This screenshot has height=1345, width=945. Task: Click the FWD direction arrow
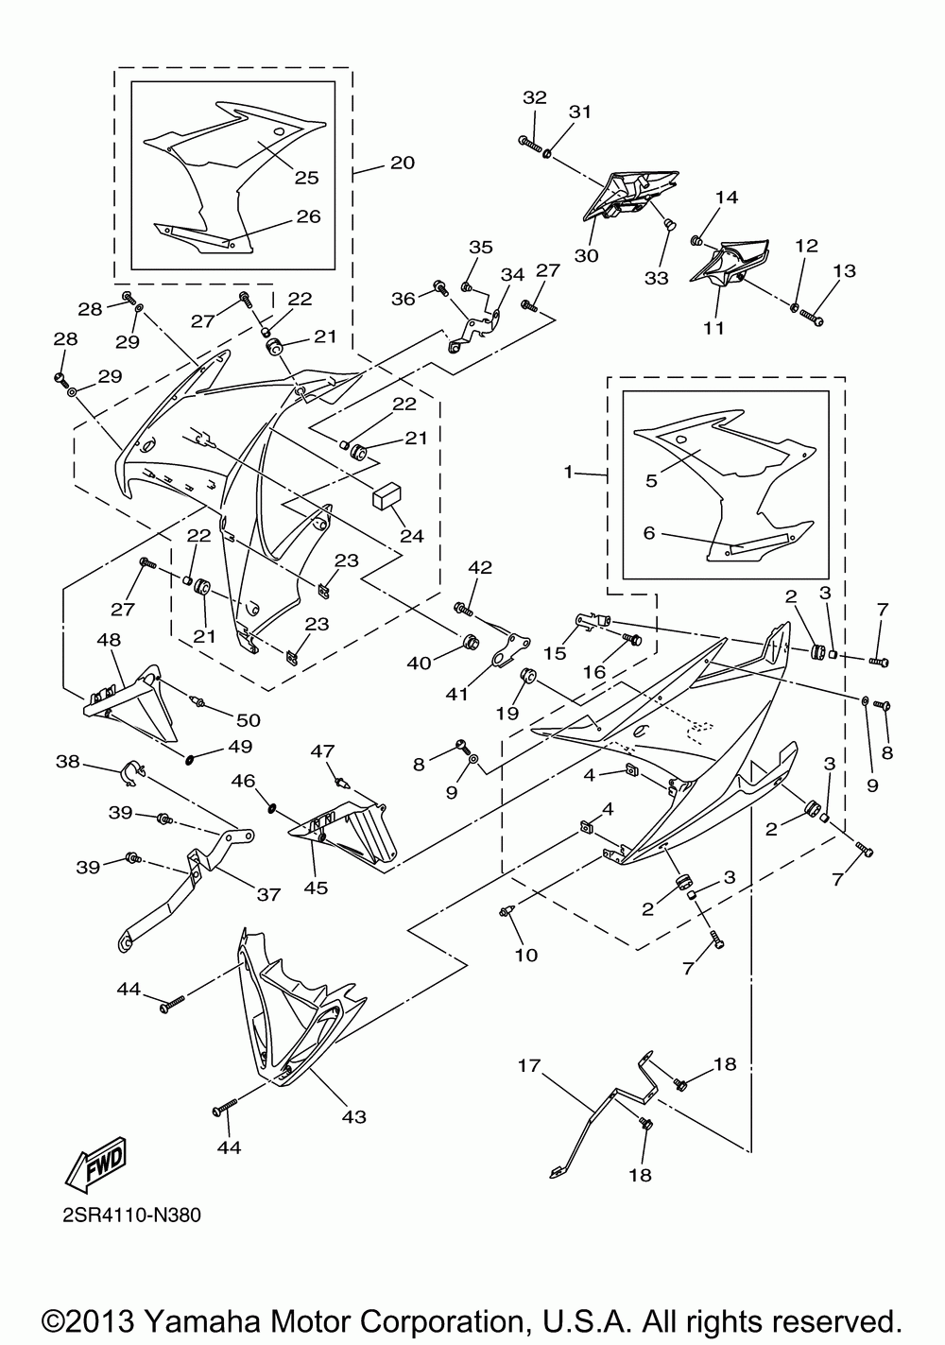96,1164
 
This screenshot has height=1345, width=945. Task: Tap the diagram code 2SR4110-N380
132,1216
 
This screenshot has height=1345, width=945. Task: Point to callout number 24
412,535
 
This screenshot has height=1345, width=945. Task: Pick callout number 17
529,1066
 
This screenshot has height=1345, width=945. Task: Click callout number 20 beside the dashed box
403,163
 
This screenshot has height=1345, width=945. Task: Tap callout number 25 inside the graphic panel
306,178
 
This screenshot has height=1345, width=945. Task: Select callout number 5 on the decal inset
651,481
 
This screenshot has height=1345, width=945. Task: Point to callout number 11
713,328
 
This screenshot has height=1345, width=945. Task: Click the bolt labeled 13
812,318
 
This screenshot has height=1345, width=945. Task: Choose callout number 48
110,640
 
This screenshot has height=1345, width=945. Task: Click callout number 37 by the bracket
269,895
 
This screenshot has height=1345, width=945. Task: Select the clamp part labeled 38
131,774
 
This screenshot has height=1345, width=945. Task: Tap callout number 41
456,694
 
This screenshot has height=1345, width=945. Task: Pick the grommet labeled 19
529,674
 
